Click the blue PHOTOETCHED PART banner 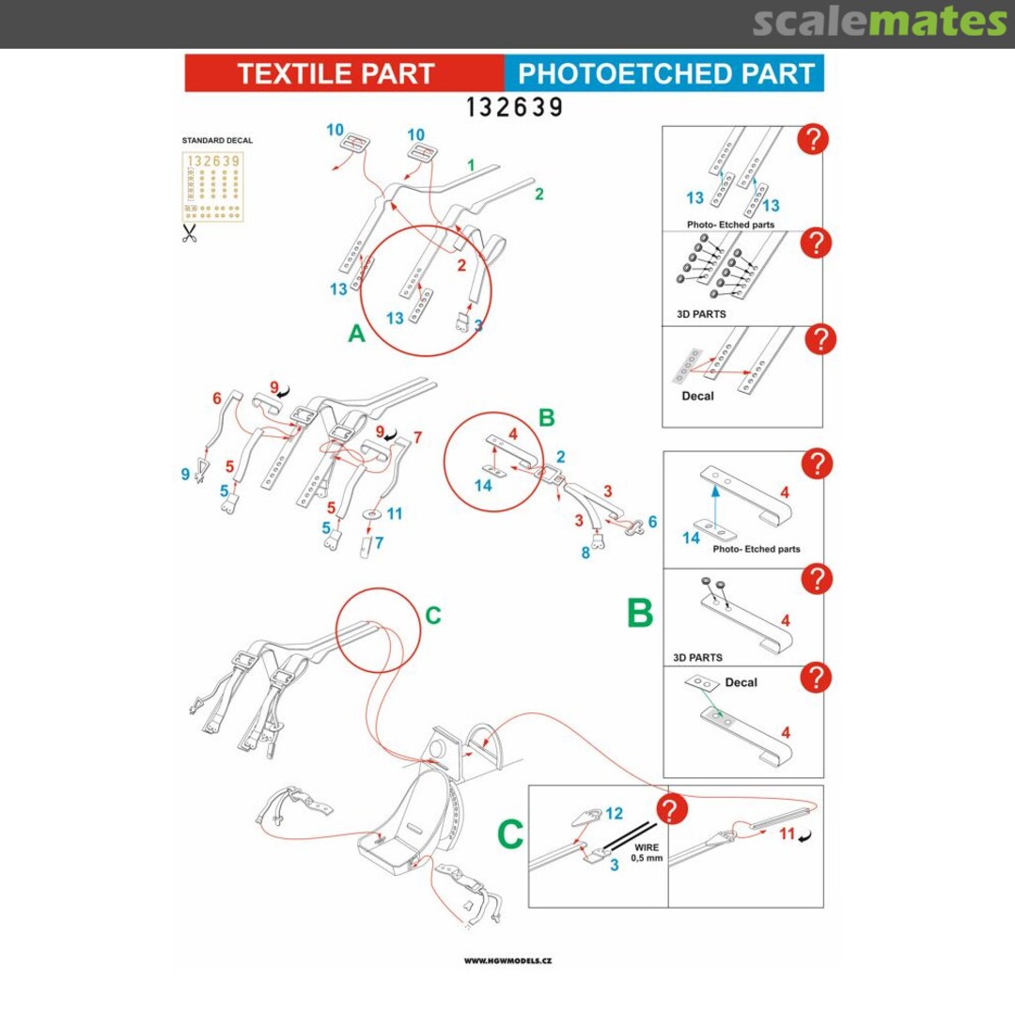click(x=664, y=73)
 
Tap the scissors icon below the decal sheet click(x=189, y=233)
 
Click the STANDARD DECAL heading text click(x=217, y=140)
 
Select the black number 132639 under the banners click(x=515, y=107)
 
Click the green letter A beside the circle click(x=357, y=334)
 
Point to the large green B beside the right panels click(x=640, y=613)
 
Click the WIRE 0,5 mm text click(x=647, y=852)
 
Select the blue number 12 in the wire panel click(x=615, y=813)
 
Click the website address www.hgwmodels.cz click(x=508, y=961)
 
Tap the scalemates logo click(x=880, y=22)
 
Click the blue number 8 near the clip click(x=586, y=554)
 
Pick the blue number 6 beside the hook click(x=652, y=522)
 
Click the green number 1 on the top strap click(x=471, y=165)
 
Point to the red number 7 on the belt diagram click(x=417, y=438)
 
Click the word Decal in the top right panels click(x=697, y=397)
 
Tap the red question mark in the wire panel click(x=671, y=809)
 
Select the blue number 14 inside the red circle click(x=483, y=486)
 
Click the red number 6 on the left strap click(x=217, y=398)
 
